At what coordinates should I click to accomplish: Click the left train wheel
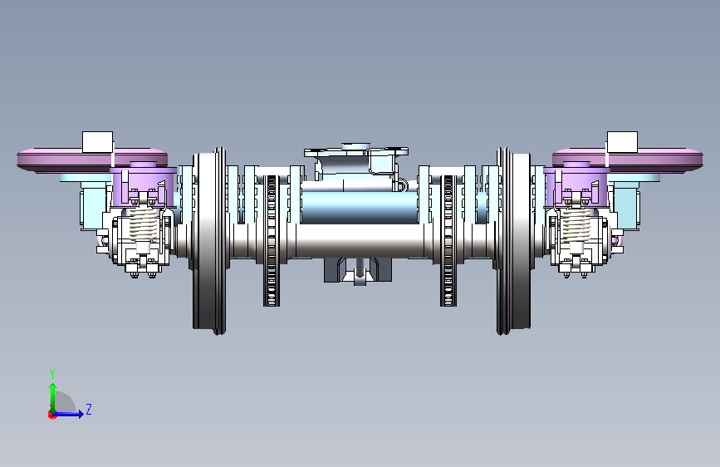[x=209, y=241]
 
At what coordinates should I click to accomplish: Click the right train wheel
[x=514, y=241]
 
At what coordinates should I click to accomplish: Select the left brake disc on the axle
[x=272, y=240]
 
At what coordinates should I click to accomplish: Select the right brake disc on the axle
[x=448, y=240]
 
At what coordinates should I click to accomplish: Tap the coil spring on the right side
[x=576, y=224]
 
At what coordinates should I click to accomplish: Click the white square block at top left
[x=97, y=142]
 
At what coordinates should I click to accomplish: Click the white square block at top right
[x=622, y=142]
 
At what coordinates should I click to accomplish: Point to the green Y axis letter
[x=52, y=373]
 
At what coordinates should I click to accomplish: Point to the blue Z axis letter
[x=89, y=409]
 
